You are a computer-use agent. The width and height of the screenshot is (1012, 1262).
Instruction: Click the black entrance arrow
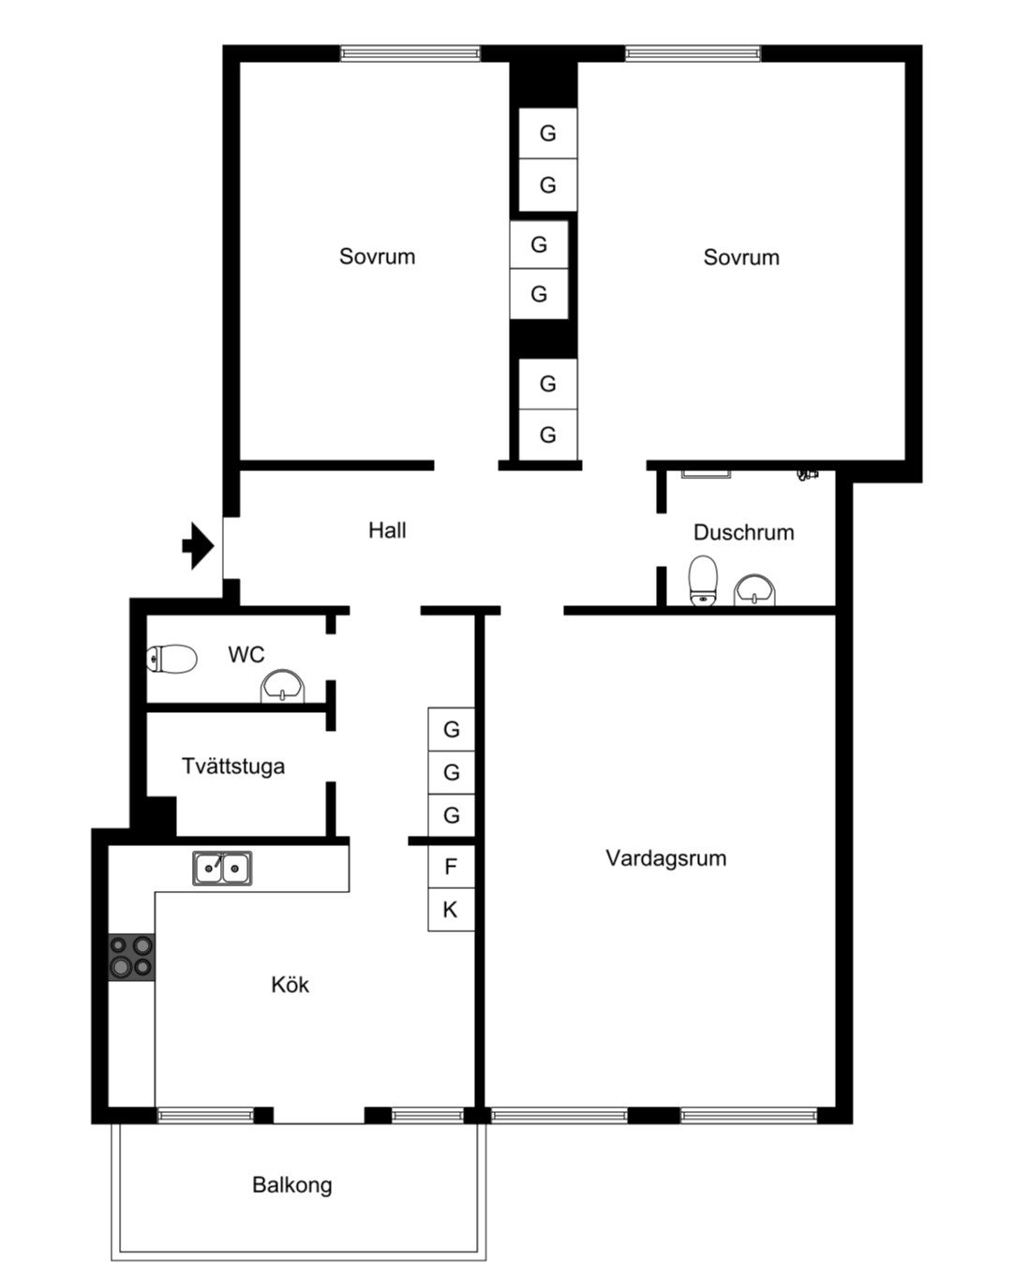197,545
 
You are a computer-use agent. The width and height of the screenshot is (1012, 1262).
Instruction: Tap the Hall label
387,531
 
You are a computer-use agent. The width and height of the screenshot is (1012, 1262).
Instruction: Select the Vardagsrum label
666,858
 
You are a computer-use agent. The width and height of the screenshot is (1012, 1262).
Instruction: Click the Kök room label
290,985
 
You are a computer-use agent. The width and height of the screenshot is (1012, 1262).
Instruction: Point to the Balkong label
292,1185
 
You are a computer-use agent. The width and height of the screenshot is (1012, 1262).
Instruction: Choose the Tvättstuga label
233,766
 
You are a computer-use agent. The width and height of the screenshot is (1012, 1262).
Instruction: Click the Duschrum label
744,533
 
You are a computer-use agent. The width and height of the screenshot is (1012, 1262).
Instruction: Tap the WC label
246,655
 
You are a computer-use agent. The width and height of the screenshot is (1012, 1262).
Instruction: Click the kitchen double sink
222,869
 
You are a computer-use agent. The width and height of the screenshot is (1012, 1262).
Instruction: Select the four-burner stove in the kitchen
131,957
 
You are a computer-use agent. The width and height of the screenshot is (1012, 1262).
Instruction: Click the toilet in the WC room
172,660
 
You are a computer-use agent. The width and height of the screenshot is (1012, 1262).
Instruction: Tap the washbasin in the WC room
283,687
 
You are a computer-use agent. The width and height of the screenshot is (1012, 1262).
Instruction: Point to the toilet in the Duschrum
703,580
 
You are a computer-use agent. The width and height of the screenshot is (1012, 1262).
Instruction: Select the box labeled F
451,867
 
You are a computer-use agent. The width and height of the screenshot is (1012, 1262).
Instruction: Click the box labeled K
451,910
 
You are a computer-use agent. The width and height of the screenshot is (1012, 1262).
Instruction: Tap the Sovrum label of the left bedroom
377,257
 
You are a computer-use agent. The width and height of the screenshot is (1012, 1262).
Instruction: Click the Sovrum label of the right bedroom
741,258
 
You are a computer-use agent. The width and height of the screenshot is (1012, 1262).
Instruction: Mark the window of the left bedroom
410,53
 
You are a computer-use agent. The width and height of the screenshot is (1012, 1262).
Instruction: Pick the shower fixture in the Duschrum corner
808,474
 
